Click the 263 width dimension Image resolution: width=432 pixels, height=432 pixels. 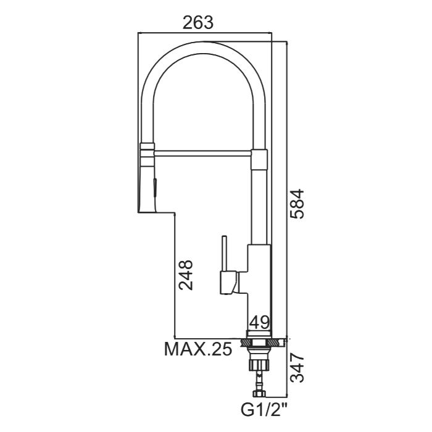click(x=198, y=23)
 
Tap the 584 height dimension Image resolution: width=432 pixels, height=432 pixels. click(x=297, y=204)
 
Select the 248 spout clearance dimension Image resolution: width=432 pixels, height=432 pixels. click(x=185, y=275)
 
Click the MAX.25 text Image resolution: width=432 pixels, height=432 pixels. click(x=198, y=349)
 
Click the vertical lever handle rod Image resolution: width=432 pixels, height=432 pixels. click(x=225, y=254)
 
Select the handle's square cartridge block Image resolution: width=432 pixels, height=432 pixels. click(x=228, y=283)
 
